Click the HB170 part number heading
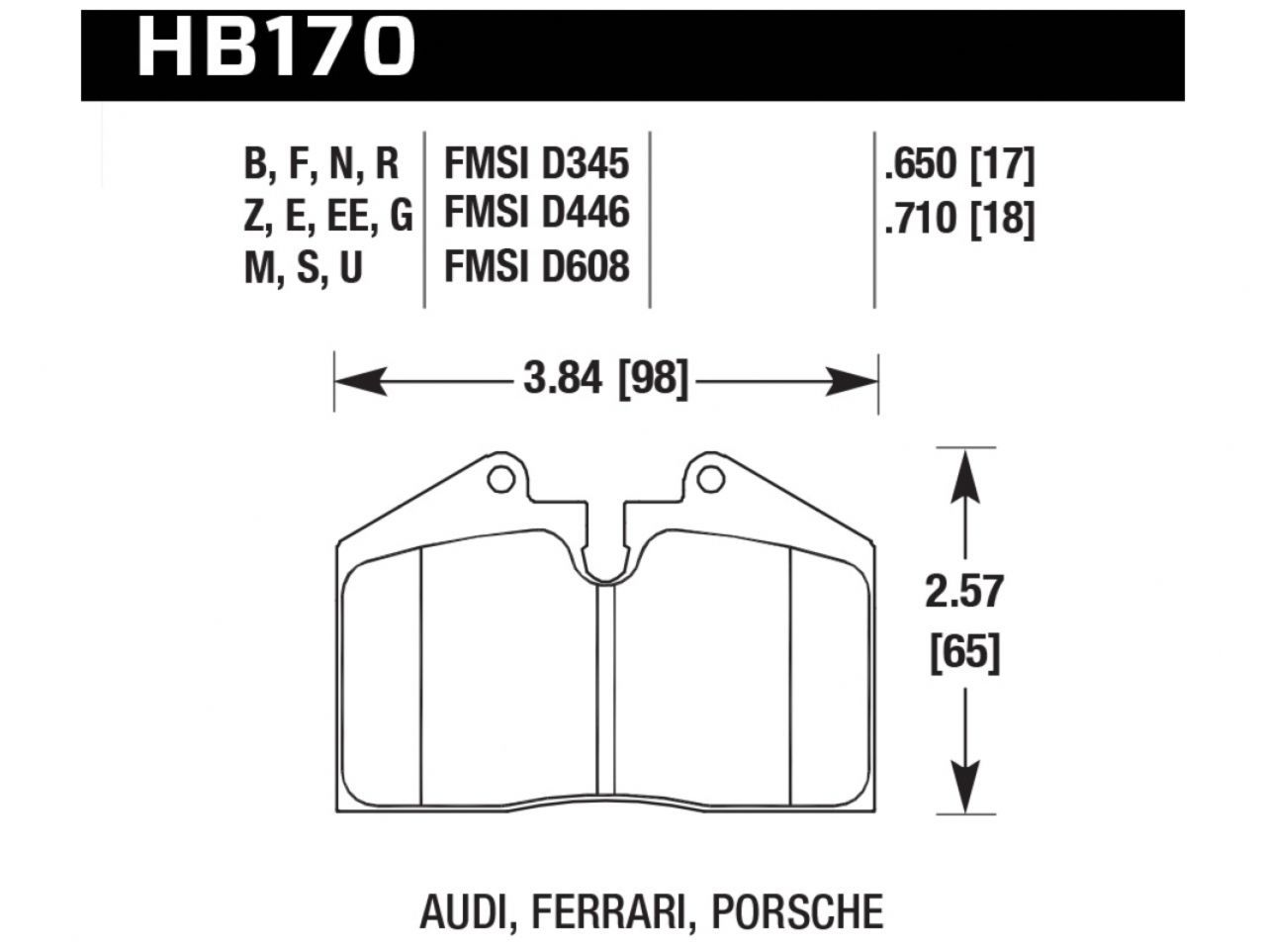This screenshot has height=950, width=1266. [x=275, y=46]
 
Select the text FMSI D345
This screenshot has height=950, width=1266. [x=536, y=163]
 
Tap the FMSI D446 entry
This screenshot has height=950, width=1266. [x=536, y=214]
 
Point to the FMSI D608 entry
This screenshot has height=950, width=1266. [x=536, y=266]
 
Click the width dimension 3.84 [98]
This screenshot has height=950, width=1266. [x=604, y=379]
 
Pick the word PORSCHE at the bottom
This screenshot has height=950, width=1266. [x=797, y=910]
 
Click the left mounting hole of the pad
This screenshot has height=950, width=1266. [x=501, y=480]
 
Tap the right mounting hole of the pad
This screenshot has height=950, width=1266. [x=709, y=480]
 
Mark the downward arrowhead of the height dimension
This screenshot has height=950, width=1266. [x=964, y=787]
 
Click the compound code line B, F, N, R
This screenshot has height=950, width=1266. [x=320, y=164]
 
